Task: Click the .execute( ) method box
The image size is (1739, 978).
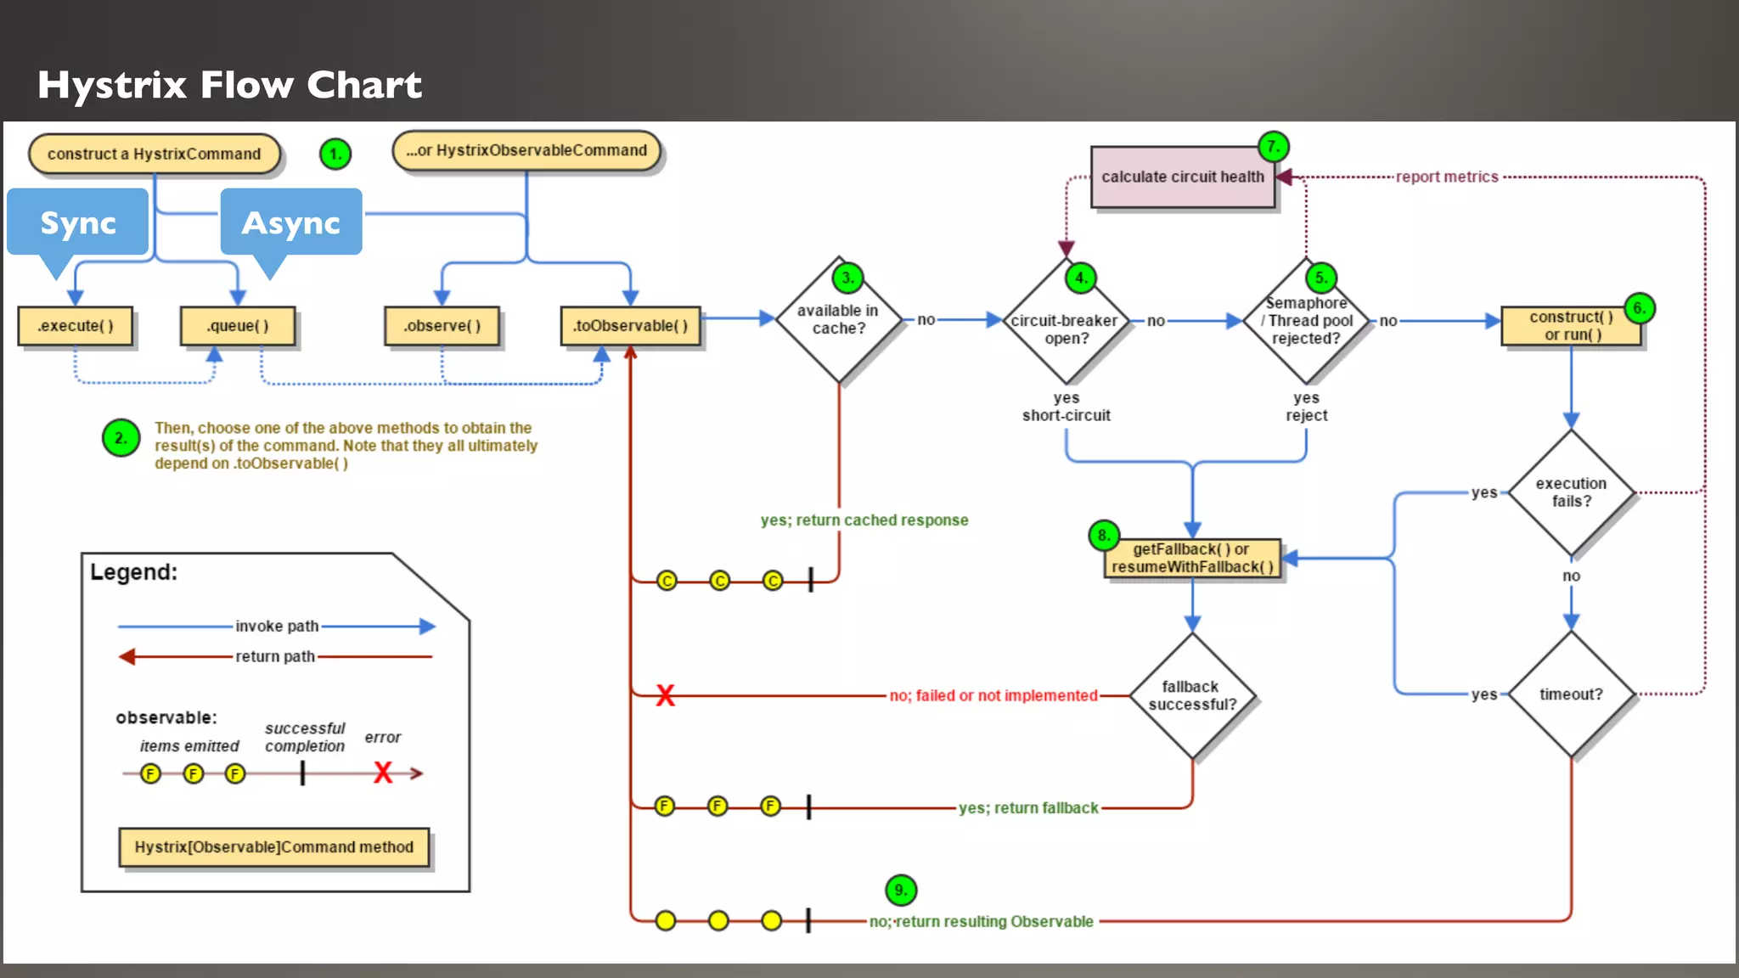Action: [x=76, y=326]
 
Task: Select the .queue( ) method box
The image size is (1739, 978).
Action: [x=238, y=326]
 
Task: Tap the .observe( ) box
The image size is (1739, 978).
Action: [x=442, y=326]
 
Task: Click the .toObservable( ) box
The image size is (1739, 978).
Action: [x=630, y=326]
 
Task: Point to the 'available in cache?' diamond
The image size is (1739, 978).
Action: [x=838, y=320]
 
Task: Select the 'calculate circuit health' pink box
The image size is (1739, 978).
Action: [x=1182, y=177]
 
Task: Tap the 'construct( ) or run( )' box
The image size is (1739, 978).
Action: [x=1571, y=326]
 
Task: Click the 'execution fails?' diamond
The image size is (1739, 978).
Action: [x=1571, y=492]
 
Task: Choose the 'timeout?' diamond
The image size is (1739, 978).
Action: [x=1571, y=694]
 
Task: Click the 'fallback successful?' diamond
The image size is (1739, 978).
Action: [x=1192, y=695]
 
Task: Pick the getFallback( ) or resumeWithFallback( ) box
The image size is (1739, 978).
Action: [x=1192, y=558]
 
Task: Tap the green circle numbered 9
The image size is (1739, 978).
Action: [x=901, y=890]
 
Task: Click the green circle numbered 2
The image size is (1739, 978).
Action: [x=121, y=438]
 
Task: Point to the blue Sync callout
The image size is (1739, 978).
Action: [x=78, y=222]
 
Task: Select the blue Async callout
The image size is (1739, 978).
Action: [x=290, y=222]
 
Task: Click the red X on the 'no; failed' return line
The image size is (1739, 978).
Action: [x=665, y=696]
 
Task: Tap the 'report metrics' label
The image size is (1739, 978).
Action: [x=1447, y=177]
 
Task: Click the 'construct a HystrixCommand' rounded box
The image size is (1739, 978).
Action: [x=154, y=154]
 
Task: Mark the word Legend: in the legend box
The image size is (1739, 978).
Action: [x=134, y=572]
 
